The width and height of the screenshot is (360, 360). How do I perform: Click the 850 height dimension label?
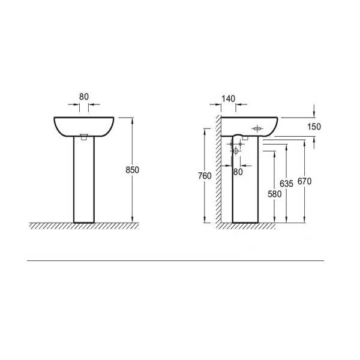pos(132,170)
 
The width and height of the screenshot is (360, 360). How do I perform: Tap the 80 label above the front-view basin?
pos(84,97)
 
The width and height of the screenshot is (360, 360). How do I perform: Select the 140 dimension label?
pos(228,99)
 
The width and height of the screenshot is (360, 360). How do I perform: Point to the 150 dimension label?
pos(314,127)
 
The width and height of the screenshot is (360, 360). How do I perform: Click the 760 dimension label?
pos(205,176)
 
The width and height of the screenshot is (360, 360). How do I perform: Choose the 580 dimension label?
pos(275,194)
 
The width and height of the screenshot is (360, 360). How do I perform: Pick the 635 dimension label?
pos(286,184)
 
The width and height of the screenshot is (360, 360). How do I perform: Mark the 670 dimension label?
pos(304,181)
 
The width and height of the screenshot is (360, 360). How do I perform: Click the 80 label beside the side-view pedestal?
pos(238,172)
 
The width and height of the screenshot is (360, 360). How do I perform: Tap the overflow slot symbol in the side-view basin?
pos(257,129)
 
